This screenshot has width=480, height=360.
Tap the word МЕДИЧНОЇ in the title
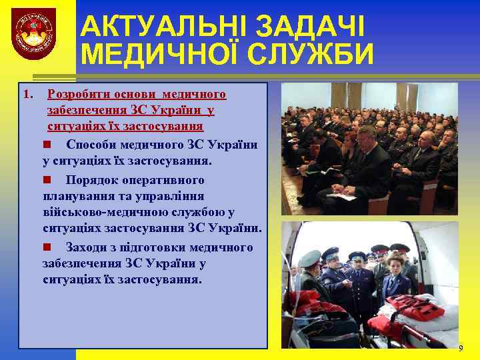point(160,54)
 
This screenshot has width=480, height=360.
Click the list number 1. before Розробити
point(28,94)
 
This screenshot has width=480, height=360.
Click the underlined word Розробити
point(78,94)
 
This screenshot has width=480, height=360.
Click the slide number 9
point(460,349)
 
